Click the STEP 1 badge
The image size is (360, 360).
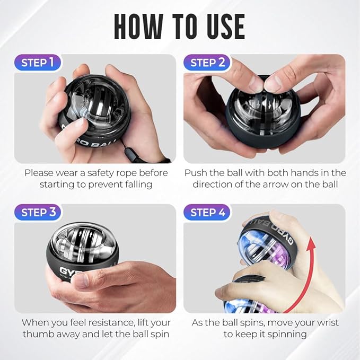point(38,63)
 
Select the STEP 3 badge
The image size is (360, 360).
point(38,213)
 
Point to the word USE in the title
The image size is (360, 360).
point(223,25)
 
